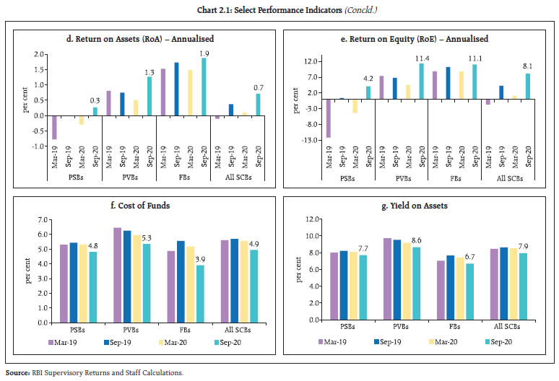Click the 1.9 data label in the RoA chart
tap(204, 53)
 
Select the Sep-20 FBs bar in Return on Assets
tap(204, 86)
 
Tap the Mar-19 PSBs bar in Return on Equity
tap(329, 118)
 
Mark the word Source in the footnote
tap(17, 372)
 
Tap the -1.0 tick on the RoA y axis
tap(35, 146)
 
